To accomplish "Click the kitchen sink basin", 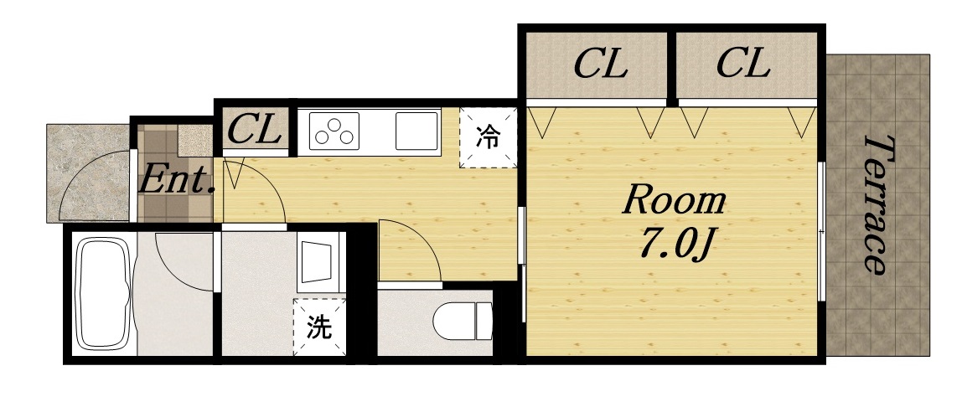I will (x=415, y=130).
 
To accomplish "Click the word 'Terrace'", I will (x=877, y=204).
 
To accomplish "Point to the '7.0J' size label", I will (x=675, y=243).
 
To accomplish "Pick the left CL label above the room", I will (x=600, y=64).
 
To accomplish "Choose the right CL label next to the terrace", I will (x=742, y=64).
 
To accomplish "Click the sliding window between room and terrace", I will (x=822, y=231).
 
